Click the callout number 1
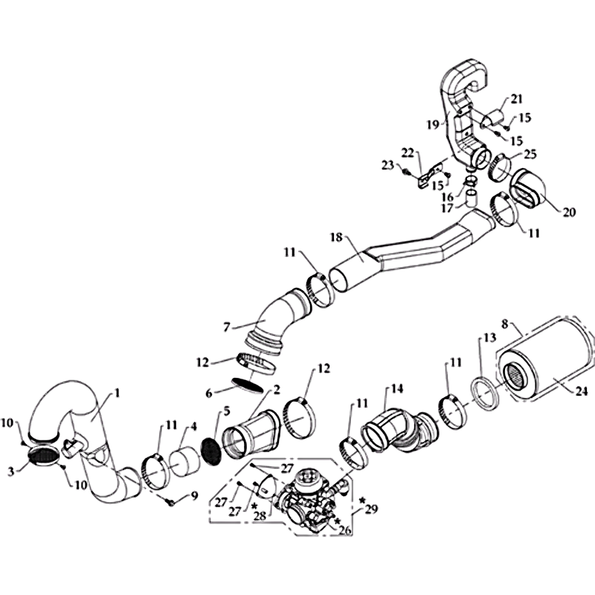[118, 393]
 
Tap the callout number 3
[11, 472]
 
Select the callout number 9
[195, 495]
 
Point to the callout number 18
[337, 237]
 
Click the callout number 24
[582, 391]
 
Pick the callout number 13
[490, 338]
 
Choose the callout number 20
[569, 212]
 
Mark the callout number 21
[516, 99]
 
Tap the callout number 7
[227, 327]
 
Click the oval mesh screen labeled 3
[43, 454]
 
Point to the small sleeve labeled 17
[472, 199]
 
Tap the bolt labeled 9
[170, 503]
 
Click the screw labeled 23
[405, 172]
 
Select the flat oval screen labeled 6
[247, 385]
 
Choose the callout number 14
[397, 389]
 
